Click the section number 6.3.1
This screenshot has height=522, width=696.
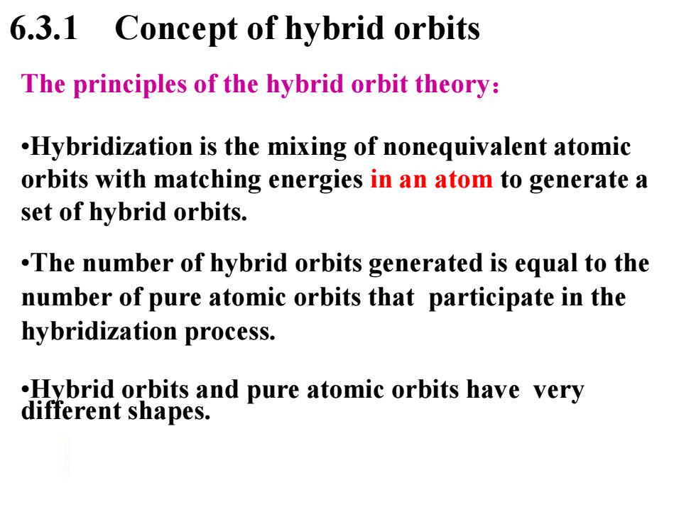[x=43, y=28]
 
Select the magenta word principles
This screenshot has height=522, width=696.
[x=129, y=85]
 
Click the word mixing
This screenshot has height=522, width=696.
[x=307, y=148]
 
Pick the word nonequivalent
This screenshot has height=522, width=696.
[x=464, y=148]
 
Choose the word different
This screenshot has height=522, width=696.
[x=71, y=410]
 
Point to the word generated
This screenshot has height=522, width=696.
[x=425, y=264]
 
